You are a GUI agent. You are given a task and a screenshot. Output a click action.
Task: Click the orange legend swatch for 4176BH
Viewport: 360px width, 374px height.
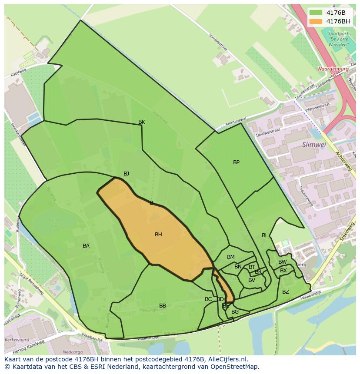316,21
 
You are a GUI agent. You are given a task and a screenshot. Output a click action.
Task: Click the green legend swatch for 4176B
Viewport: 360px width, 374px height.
316,13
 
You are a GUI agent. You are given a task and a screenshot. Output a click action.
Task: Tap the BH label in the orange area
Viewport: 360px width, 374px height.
158,235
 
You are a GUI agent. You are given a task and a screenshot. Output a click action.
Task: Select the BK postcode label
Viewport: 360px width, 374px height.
142,122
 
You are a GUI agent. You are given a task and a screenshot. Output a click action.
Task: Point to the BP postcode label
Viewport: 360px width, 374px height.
236,162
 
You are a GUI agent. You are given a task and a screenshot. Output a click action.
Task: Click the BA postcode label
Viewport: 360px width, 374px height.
86,246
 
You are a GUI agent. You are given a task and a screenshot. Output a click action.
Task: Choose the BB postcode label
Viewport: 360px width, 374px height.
163,306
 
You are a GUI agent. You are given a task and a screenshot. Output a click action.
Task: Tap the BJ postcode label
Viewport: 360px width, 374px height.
126,174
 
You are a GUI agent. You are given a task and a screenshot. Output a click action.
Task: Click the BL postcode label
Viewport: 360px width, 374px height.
265,235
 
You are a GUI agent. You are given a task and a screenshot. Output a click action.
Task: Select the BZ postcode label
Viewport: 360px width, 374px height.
286,292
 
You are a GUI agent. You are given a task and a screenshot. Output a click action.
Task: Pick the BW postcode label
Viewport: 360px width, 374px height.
283,262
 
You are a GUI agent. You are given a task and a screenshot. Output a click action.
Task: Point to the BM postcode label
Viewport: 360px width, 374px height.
231,257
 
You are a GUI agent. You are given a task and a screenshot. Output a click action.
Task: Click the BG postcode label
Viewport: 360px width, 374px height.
235,312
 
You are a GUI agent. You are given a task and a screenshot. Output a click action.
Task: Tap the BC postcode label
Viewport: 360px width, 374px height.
208,299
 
